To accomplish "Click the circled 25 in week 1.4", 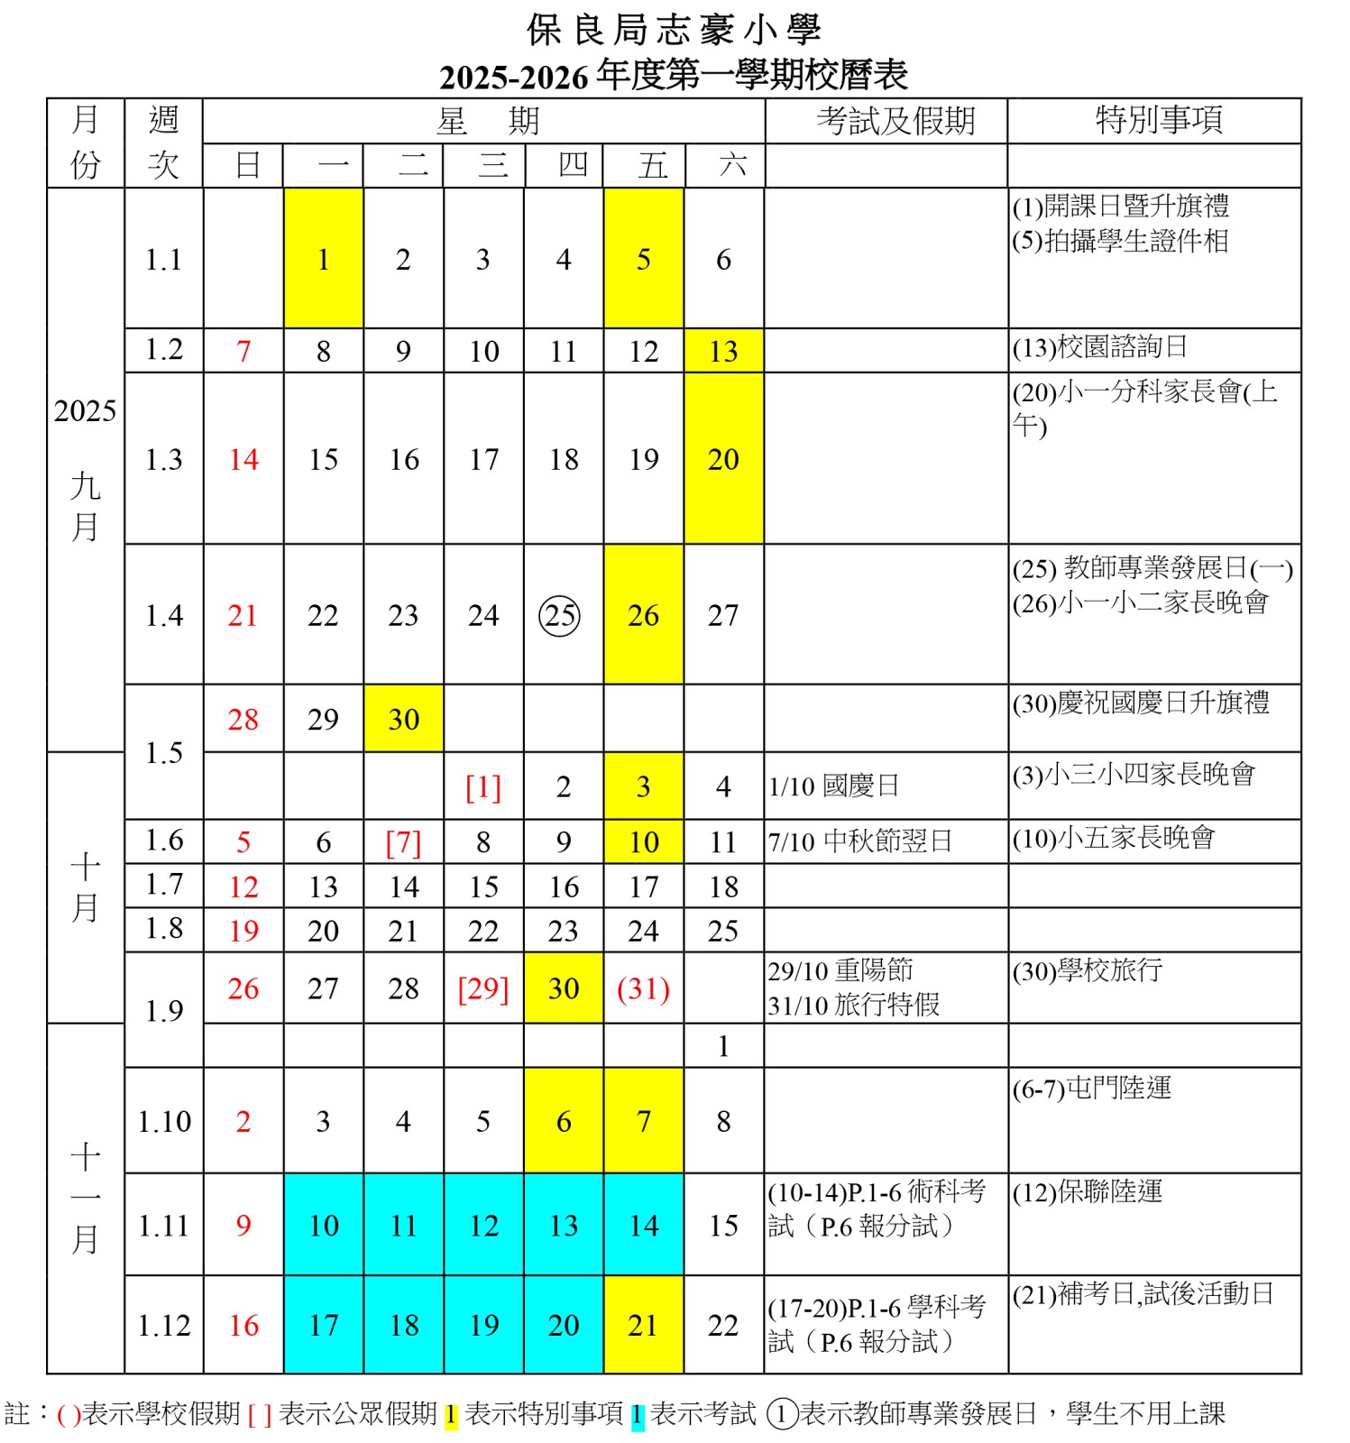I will tap(559, 616).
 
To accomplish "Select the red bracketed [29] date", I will tap(483, 988).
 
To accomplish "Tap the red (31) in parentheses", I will tap(643, 988).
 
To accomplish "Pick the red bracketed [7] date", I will tap(403, 842).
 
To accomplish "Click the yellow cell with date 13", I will tap(723, 351).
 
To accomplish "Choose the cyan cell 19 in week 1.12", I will tap(483, 1325).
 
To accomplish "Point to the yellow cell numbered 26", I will tap(643, 615).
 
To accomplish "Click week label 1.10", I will tap(164, 1121).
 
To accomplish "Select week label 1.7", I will tap(164, 885).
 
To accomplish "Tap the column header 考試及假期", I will tap(895, 121).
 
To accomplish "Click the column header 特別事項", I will tap(1159, 120).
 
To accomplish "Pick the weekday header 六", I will tap(732, 165).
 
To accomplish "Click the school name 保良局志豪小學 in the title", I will tap(674, 31).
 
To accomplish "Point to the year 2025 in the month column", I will tap(85, 411).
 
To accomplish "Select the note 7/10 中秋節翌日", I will tap(859, 841).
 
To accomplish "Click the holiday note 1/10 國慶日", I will tap(833, 786).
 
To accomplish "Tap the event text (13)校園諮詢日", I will tap(1099, 347).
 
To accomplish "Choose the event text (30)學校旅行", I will tap(1087, 971).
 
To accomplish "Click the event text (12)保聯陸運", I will tap(1087, 1192).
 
